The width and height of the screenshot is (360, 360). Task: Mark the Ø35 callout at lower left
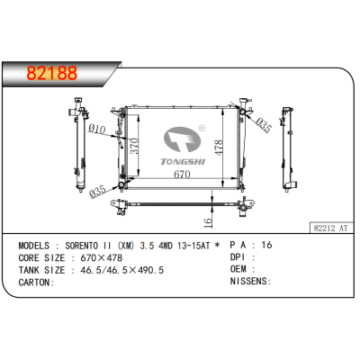click(100, 189)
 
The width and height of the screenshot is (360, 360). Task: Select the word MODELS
click(36, 245)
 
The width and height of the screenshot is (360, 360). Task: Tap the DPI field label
click(239, 256)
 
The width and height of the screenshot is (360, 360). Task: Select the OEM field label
click(239, 269)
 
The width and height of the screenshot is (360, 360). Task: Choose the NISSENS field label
click(249, 282)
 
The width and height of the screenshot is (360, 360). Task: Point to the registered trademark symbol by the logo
click(202, 128)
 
